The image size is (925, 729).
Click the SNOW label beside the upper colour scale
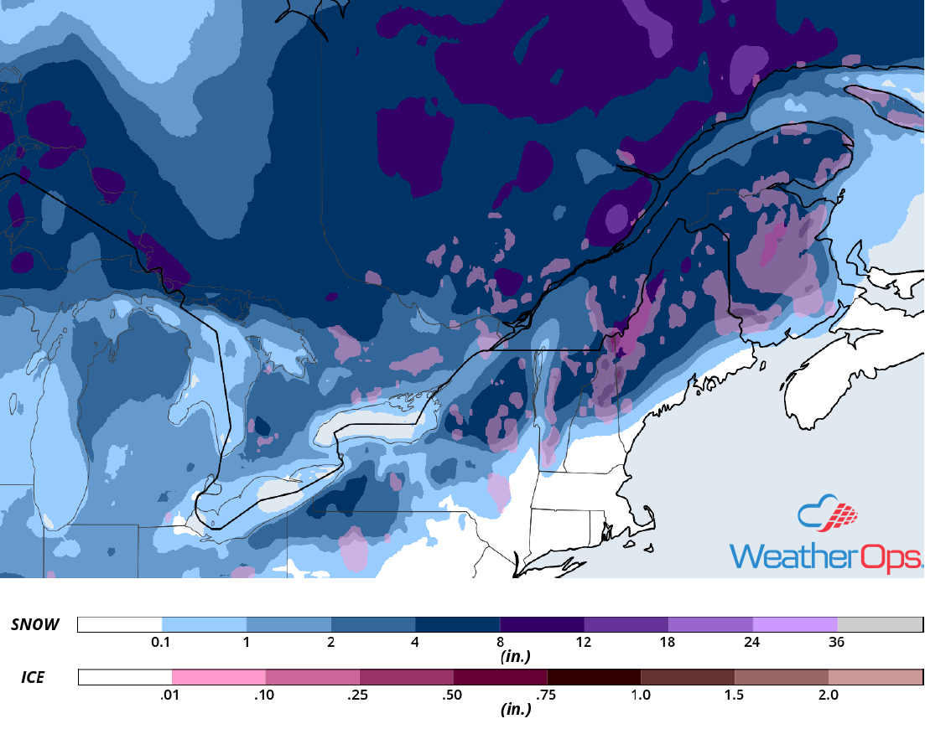tap(35, 624)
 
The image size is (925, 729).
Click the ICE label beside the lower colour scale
tap(33, 676)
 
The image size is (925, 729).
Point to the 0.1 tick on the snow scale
tap(163, 643)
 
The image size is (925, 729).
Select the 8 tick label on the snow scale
tap(500, 643)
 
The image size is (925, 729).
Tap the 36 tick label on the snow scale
tap(836, 643)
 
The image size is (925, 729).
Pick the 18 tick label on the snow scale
tap(668, 643)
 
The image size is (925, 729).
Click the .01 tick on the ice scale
tap(171, 695)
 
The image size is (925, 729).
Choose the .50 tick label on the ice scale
tap(453, 695)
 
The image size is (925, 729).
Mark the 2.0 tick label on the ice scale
tap(828, 695)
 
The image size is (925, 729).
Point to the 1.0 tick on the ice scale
tap(641, 695)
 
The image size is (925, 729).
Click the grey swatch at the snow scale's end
tap(880, 624)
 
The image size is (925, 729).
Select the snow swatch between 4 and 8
tap(458, 624)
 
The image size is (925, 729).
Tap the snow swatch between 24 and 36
tap(795, 624)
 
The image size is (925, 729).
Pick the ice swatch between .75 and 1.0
tap(594, 676)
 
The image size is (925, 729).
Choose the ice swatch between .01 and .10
tap(218, 676)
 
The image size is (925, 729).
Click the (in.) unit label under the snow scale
tap(516, 657)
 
